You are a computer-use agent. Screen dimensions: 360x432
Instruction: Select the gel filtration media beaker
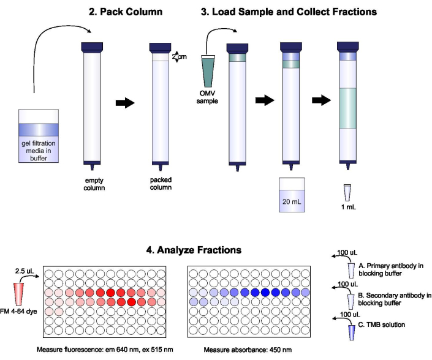pos(38,136)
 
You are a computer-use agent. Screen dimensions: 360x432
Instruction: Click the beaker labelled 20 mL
pos(291,195)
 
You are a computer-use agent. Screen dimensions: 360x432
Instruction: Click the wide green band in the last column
pos(348,108)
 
